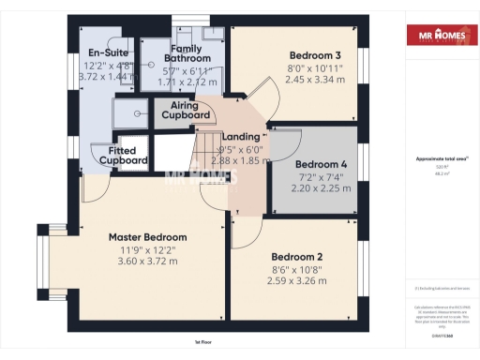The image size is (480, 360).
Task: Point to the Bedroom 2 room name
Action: (x=297, y=257)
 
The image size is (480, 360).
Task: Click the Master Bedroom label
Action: (x=147, y=237)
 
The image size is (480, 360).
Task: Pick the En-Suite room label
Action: (x=107, y=53)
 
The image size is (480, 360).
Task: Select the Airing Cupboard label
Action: (x=186, y=110)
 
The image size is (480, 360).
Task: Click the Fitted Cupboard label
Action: (x=123, y=155)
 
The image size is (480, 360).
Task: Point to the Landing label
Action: (x=240, y=137)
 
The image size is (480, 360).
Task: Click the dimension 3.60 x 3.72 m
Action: (x=147, y=262)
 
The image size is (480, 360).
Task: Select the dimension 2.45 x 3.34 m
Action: (x=315, y=81)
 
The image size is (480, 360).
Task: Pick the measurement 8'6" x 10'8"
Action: (x=297, y=268)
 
